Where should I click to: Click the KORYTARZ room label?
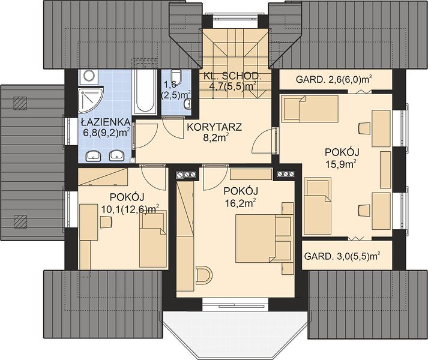click(214, 127)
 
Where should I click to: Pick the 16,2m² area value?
click(240, 203)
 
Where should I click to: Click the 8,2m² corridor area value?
click(216, 138)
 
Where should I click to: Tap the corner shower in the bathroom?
click(91, 100)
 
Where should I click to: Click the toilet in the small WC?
click(176, 76)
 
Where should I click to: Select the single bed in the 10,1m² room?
click(153, 239)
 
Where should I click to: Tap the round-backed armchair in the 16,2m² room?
click(203, 275)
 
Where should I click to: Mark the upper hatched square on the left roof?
click(20, 103)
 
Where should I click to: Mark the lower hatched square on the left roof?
click(20, 221)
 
